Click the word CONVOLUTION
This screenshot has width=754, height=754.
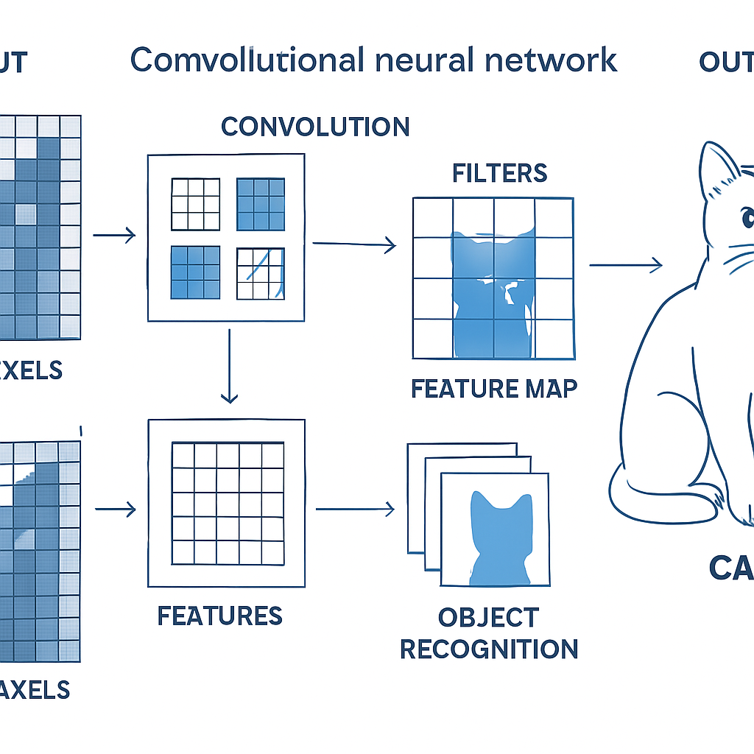point(315,127)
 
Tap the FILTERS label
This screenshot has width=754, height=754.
point(499,173)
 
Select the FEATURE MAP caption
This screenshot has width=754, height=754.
point(493,388)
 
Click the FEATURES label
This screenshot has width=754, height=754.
point(219,616)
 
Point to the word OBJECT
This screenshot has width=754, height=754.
point(488,617)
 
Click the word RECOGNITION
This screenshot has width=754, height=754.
point(488,649)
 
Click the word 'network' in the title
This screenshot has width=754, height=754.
point(560,60)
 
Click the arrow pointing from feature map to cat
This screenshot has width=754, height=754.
point(625,266)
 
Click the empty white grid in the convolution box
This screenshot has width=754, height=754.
point(195,204)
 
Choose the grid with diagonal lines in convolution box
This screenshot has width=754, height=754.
point(260,273)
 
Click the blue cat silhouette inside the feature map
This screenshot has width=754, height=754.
point(489,295)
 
